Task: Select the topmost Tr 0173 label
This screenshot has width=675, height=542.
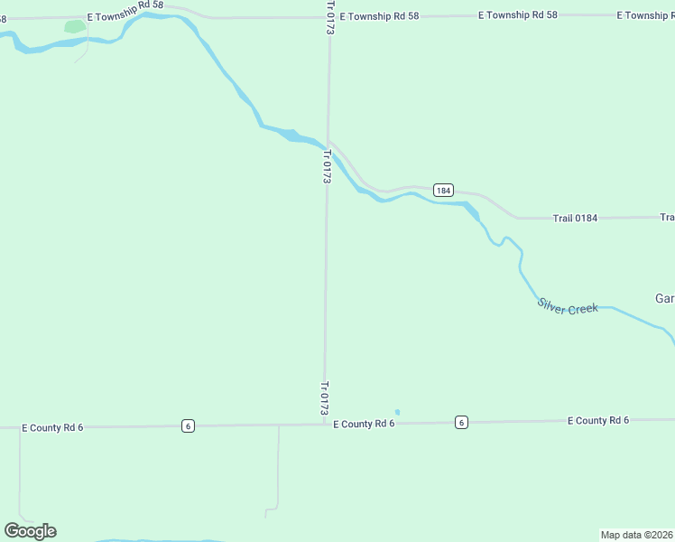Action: (x=329, y=18)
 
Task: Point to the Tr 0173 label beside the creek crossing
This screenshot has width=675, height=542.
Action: (x=326, y=167)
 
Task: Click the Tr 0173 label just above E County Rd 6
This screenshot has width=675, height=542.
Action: (x=324, y=397)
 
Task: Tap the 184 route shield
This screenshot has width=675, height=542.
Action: (x=442, y=190)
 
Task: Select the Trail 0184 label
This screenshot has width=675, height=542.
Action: (x=575, y=218)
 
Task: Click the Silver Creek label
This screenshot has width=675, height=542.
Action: (x=568, y=306)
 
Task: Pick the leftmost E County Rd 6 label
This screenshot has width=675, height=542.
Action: (x=52, y=427)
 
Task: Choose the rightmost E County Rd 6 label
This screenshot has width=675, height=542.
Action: (x=597, y=421)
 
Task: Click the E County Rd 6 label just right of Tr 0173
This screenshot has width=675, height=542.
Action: (x=364, y=424)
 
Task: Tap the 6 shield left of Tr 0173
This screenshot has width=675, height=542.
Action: (x=187, y=426)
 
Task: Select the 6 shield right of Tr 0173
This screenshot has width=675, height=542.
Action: (x=461, y=423)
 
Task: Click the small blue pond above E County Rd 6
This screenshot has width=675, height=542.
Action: (x=397, y=412)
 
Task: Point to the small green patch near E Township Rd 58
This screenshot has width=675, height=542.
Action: (x=74, y=27)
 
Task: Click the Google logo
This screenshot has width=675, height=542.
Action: (x=30, y=531)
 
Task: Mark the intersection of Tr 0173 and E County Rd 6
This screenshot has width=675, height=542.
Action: (x=324, y=425)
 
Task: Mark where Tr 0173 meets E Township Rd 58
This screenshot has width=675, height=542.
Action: (x=329, y=16)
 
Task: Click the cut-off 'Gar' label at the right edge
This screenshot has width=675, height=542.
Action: (x=664, y=299)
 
